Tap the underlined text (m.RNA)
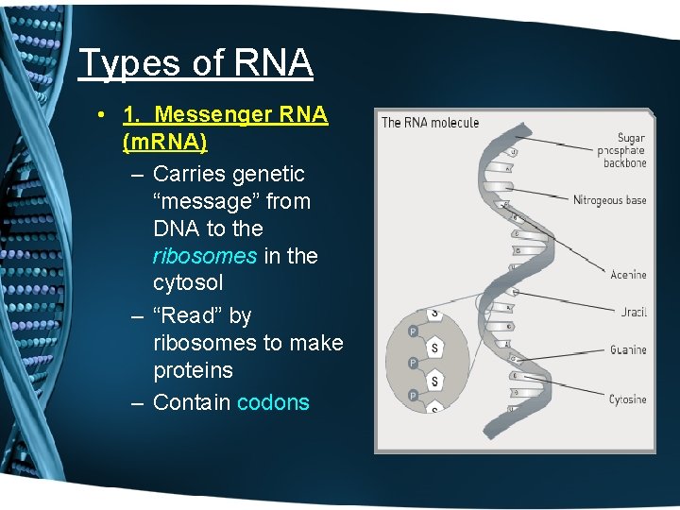165,142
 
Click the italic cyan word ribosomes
204,256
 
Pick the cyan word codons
273,402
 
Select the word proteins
192,370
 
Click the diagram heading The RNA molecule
430,123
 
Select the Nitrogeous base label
609,200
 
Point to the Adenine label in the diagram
627,275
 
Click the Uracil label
634,312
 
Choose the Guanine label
627,349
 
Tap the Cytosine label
627,399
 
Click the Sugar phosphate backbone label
624,150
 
